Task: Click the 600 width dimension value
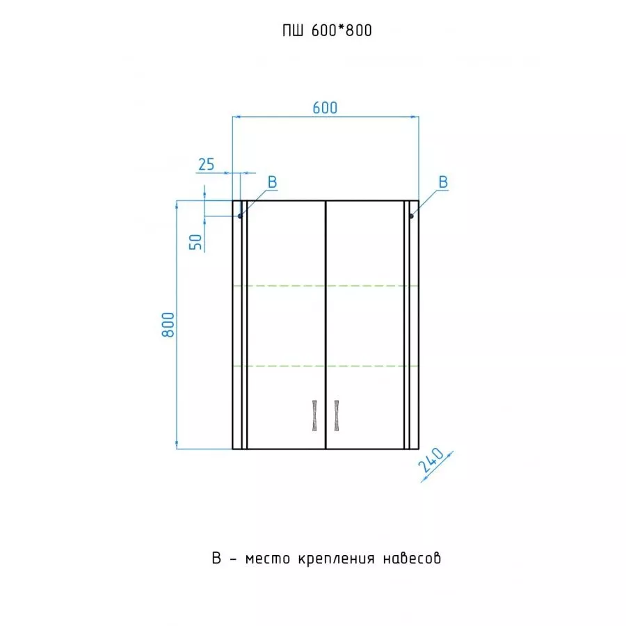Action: point(325,108)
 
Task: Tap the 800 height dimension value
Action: point(168,325)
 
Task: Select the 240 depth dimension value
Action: point(431,460)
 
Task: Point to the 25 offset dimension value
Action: point(207,164)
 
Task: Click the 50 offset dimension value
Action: point(195,242)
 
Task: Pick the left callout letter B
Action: point(272,182)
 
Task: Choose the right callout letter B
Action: point(443,182)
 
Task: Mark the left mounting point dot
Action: point(240,216)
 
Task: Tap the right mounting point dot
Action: point(411,216)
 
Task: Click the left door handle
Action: point(314,415)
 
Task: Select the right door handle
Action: point(337,415)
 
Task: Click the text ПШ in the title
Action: point(293,31)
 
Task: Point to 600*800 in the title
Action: point(342,31)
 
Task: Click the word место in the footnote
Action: point(268,559)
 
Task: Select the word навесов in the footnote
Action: point(412,558)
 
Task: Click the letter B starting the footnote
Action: point(216,558)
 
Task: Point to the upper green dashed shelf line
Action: point(326,286)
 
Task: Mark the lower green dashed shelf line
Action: point(326,366)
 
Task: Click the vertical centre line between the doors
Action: point(326,325)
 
